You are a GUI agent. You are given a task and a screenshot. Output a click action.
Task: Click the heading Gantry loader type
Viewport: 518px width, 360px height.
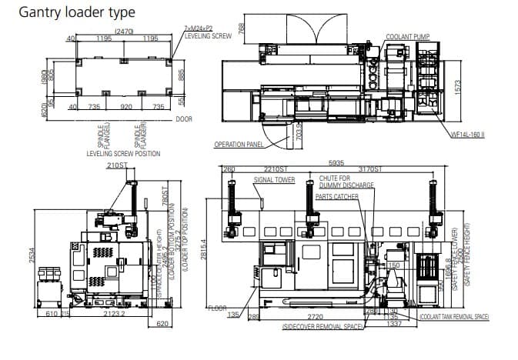click(77, 12)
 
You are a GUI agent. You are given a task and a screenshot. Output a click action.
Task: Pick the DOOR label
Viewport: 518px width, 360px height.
click(184, 119)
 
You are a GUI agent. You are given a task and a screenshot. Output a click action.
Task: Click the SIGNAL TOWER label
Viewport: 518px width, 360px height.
click(274, 179)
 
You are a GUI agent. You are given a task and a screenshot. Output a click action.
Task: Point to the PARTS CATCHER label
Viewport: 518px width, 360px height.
click(336, 196)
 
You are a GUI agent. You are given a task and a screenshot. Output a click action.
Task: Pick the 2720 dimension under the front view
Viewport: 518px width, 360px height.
click(314, 316)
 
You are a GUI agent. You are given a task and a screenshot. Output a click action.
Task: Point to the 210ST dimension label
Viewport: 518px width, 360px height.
click(117, 165)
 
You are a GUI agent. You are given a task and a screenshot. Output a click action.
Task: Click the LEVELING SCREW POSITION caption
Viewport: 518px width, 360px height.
click(124, 154)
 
